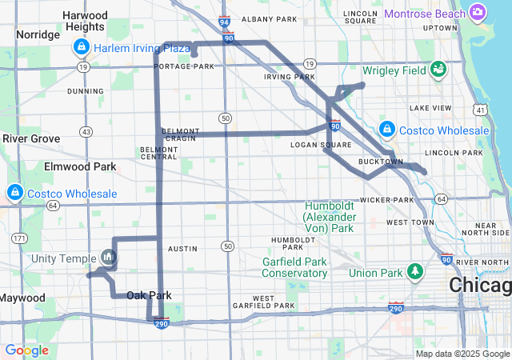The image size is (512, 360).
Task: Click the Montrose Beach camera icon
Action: [x=478, y=12]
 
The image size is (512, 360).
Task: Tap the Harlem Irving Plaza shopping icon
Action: [x=81, y=48]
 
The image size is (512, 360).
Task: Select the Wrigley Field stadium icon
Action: [x=438, y=70]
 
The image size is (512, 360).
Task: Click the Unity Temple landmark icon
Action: [x=109, y=258]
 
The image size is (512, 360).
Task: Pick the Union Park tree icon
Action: [x=415, y=273]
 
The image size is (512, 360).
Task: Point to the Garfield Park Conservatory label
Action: [x=295, y=267]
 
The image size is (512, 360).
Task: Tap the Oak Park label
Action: [x=149, y=295]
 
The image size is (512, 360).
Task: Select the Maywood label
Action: [x=22, y=298]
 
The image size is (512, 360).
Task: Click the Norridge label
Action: [x=38, y=34]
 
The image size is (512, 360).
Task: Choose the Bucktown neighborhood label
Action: [x=381, y=162]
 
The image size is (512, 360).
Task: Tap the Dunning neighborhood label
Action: [x=86, y=91]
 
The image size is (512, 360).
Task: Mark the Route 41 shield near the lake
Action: [x=479, y=109]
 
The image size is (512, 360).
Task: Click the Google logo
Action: [x=26, y=350]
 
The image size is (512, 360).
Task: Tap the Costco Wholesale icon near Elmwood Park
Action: [x=14, y=194]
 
